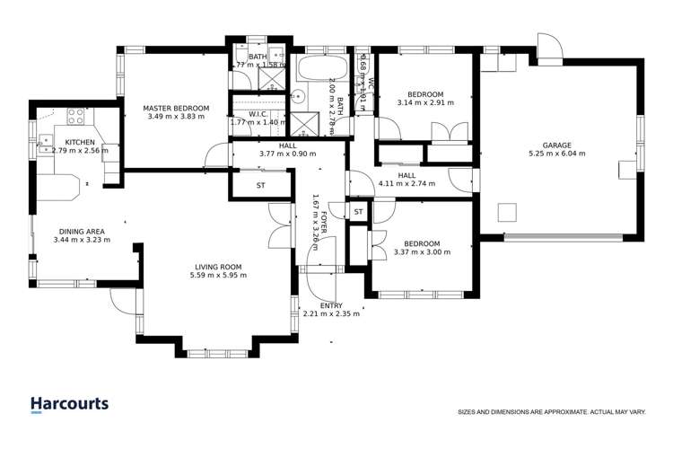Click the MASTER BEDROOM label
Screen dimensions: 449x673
176,109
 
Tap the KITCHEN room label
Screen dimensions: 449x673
80,141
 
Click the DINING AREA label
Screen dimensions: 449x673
82,231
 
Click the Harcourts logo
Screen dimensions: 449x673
69,404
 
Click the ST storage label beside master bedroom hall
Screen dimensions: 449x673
261,186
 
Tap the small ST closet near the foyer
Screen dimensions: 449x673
358,211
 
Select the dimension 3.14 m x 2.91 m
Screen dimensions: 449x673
425,103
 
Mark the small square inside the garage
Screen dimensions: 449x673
508,212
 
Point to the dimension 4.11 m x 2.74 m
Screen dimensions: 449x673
406,184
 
